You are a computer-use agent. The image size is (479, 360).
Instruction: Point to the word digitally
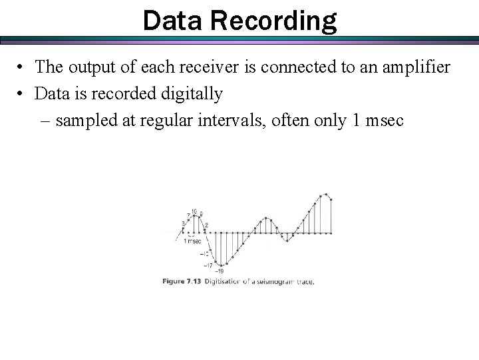190,94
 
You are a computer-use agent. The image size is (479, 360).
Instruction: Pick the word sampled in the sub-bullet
84,121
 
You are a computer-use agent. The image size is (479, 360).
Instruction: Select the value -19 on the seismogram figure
219,271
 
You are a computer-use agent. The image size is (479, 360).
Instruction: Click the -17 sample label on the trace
208,265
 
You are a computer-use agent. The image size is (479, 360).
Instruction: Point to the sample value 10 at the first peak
193,212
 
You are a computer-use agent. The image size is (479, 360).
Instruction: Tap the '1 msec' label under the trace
192,241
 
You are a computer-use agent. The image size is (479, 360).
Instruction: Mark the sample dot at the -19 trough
220,265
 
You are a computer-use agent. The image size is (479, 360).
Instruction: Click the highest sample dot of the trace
326,194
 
